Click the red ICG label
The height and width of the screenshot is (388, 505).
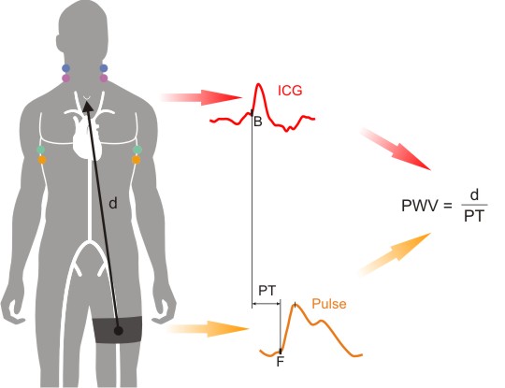[x=290, y=91]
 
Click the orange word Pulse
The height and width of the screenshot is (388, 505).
[x=329, y=304]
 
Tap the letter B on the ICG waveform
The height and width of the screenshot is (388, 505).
[x=258, y=122]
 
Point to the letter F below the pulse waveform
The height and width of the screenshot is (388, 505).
[x=281, y=362]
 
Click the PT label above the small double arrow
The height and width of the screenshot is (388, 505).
[x=267, y=291]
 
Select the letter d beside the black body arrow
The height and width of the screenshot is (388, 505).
[x=113, y=203]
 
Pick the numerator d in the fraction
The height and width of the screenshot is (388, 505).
[x=474, y=194]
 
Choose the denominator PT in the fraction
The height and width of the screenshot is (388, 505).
[x=474, y=216]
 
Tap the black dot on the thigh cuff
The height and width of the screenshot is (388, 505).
[x=119, y=330]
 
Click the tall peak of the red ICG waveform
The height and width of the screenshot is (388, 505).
[x=259, y=84]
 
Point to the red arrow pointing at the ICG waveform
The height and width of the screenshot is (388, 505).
[x=200, y=97]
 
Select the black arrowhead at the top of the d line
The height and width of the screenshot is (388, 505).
[x=87, y=107]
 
